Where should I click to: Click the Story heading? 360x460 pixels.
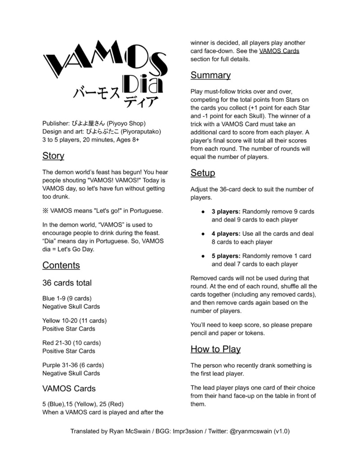[53, 156]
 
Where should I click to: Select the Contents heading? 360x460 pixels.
[61, 265]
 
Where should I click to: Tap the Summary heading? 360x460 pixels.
[210, 75]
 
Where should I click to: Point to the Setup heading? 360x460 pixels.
[202, 173]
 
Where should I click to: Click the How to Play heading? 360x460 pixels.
[215, 349]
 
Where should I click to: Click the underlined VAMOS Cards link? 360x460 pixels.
[279, 51]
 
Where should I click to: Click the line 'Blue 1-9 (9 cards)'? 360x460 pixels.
[67, 298]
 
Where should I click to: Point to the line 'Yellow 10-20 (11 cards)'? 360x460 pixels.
[75, 320]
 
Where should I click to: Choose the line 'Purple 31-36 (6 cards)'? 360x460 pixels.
[73, 365]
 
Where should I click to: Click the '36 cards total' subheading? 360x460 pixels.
[67, 283]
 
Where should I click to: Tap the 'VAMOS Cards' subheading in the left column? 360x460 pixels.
[69, 388]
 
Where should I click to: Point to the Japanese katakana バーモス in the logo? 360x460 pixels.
[97, 94]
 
